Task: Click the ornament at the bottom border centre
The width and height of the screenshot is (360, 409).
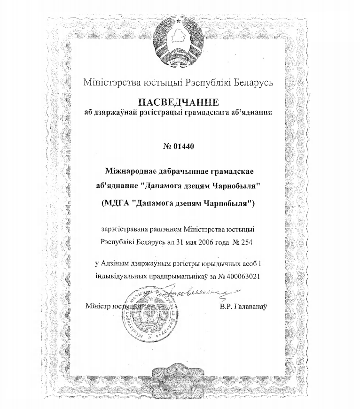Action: tap(180, 376)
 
